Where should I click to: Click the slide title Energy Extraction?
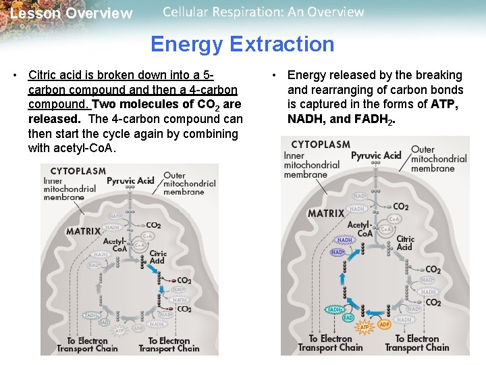[x=242, y=45]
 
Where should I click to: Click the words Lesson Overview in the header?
[x=72, y=14]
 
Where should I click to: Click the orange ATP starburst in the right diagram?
[x=364, y=327]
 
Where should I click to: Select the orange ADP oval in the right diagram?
[x=384, y=324]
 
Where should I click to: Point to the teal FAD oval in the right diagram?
[x=348, y=317]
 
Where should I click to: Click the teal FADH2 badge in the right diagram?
[x=335, y=310]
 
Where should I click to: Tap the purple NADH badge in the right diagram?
[x=344, y=240]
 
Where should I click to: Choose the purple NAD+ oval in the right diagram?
[x=337, y=252]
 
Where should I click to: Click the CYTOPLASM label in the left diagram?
[x=78, y=171]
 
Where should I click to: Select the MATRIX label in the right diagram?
[x=326, y=214]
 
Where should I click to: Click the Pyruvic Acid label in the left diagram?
[x=130, y=181]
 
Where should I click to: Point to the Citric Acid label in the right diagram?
[x=405, y=243]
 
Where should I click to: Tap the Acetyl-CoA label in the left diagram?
[x=114, y=245]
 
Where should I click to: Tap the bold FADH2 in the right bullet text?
[x=373, y=120]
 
